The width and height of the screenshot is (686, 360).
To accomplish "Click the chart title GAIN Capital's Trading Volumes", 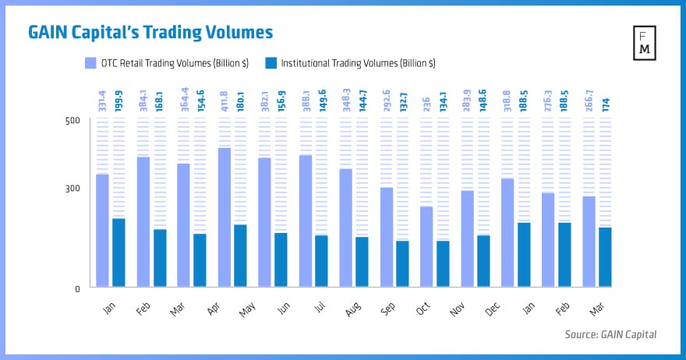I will (150, 32).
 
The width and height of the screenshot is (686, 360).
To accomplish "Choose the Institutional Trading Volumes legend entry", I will (351, 62).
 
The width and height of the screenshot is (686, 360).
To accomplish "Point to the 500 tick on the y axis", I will (72, 121).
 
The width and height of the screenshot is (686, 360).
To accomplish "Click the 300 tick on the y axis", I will (72, 189).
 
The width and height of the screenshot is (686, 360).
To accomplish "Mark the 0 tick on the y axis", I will (76, 289).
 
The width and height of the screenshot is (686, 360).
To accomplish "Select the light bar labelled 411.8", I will (225, 218).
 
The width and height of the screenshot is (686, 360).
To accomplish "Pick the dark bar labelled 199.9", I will (118, 253).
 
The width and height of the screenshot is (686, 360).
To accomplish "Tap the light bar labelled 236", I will (426, 247).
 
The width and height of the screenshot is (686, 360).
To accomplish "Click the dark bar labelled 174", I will (605, 258).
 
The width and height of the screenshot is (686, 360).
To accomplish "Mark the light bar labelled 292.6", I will (386, 238).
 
